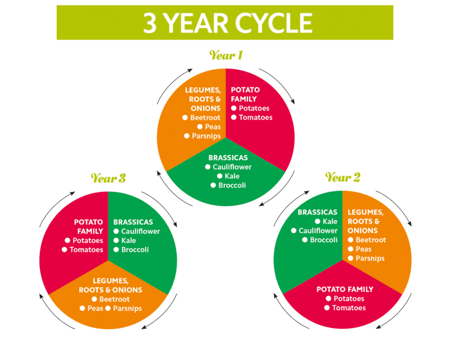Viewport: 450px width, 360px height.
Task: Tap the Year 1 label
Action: point(226,55)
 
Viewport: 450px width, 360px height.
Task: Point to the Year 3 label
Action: point(108,179)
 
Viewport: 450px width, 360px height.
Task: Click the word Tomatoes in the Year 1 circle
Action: point(255,118)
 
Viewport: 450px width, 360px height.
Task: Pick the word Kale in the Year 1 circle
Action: point(232,176)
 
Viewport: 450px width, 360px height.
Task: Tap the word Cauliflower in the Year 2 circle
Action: point(318,231)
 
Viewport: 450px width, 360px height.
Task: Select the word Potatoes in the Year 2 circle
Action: point(349,299)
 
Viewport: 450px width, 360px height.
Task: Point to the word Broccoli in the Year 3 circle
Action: point(135,250)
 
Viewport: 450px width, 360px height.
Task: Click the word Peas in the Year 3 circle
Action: point(94,308)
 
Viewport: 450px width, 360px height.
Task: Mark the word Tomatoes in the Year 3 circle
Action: point(87,250)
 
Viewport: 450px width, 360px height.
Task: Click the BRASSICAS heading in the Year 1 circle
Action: point(228,158)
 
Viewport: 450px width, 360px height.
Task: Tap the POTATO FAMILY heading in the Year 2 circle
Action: point(345,289)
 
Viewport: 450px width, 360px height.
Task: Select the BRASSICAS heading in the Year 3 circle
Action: point(133,222)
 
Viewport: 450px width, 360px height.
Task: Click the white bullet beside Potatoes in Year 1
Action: point(234,109)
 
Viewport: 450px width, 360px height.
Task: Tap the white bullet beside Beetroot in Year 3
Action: point(94,299)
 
